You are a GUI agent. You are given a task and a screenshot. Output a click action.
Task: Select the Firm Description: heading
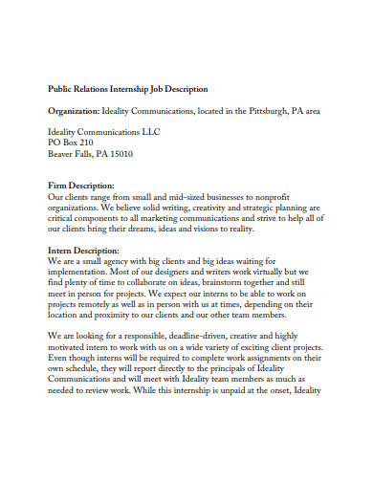tap(81, 186)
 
